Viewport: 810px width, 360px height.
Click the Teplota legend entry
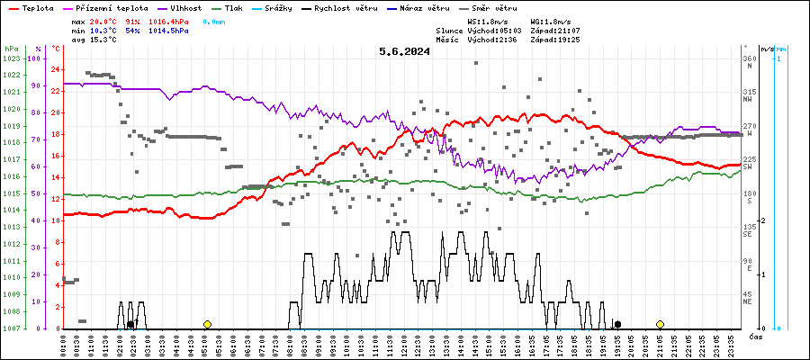pos(31,7)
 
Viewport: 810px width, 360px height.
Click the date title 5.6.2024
pos(404,51)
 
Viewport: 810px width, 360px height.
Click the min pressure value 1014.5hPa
pos(170,31)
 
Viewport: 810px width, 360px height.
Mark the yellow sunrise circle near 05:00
pos(207,324)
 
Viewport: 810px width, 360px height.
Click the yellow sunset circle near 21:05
pos(660,324)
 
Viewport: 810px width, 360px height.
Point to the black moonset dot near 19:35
pos(617,324)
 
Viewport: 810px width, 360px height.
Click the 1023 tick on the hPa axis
pos(11,58)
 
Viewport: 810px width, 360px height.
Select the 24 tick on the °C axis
pos(56,69)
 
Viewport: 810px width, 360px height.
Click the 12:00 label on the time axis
pos(404,345)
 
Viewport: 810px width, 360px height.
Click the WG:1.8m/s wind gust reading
pos(550,20)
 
